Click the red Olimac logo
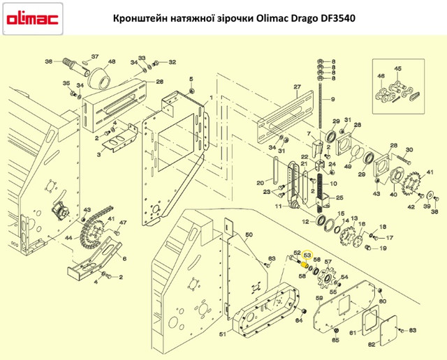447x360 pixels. point(31,20)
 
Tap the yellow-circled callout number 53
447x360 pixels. point(307,255)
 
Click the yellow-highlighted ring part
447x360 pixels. point(304,264)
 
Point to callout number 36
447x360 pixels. point(48,61)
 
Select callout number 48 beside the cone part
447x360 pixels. point(112,61)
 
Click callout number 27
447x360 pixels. point(296,87)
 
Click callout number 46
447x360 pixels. point(381,75)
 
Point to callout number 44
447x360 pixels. point(68,239)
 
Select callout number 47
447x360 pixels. point(122,223)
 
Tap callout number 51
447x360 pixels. point(222,335)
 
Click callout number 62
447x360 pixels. point(372,344)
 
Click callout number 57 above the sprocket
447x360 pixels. point(327,262)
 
